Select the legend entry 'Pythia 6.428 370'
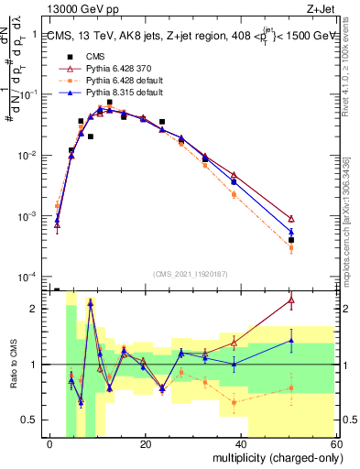pos(129,68)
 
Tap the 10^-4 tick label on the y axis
pos(28,277)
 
